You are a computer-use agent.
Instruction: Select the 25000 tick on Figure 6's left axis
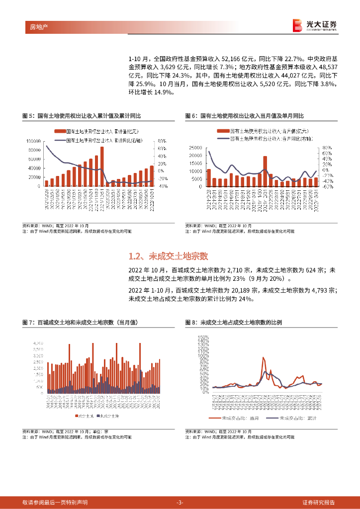pos(196,148)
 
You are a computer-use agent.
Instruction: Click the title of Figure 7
pos(80,323)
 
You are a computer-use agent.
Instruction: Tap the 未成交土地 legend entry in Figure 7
pos(108,415)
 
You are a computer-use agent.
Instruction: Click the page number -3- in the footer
pos(180,502)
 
